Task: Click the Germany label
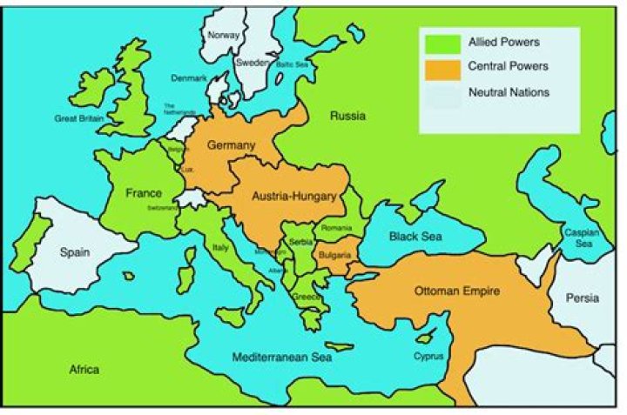[x=231, y=145]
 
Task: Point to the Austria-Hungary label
[x=293, y=197]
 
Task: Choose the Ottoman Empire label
[x=457, y=291]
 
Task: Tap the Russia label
[x=347, y=116]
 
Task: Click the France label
[x=144, y=192]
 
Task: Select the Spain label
[x=76, y=252]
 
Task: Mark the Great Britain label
[x=78, y=117]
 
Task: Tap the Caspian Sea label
[x=580, y=238]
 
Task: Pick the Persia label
[x=582, y=298]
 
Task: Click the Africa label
[x=84, y=370]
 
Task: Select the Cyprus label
[x=428, y=357]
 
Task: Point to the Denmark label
[x=189, y=78]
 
